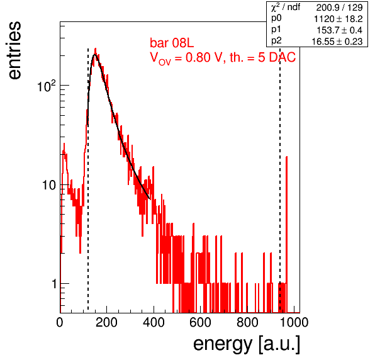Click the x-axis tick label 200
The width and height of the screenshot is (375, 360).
pos(106,322)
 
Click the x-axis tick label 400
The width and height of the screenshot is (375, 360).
pos(154,322)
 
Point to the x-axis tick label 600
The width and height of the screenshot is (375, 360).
pos(201,322)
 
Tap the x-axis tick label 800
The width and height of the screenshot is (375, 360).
pos(247,322)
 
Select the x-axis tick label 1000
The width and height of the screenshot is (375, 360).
pos(294,322)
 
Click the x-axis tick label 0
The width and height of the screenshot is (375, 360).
pos(60,322)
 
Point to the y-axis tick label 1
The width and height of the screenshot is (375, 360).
pos(54,284)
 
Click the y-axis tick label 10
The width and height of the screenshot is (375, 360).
pos(50,185)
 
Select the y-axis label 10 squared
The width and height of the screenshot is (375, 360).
pos(47,86)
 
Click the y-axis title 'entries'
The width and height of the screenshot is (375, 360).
pos(15,50)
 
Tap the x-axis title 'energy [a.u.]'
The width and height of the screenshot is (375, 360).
pos(247,344)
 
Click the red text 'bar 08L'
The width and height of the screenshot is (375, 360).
pos(172,43)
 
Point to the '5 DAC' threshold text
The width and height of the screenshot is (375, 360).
pos(277,58)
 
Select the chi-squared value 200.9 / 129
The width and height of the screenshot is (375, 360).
pos(340,8)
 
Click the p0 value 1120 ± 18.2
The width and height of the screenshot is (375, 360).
pos(339,19)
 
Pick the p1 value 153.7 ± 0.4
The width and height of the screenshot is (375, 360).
pos(340,30)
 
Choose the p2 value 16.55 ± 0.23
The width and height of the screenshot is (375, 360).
pos(337,42)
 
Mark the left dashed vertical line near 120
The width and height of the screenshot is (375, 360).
pos(88,179)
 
